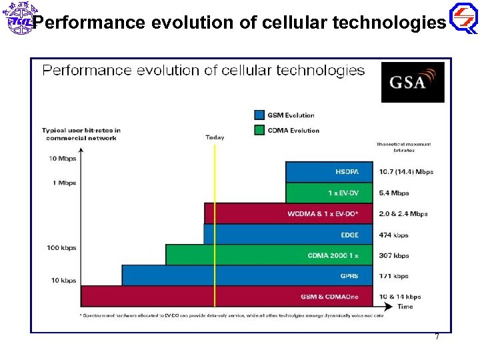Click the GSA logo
412,82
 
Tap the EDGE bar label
349,235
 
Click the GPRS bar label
349,276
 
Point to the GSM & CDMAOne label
329,297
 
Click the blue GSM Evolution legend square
259,115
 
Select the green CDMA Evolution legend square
259,130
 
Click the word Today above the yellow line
215,137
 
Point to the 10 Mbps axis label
62,159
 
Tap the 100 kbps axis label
61,248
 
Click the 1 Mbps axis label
64,183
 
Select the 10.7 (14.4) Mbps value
405,172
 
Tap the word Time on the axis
405,307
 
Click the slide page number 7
437,337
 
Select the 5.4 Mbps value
394,193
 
